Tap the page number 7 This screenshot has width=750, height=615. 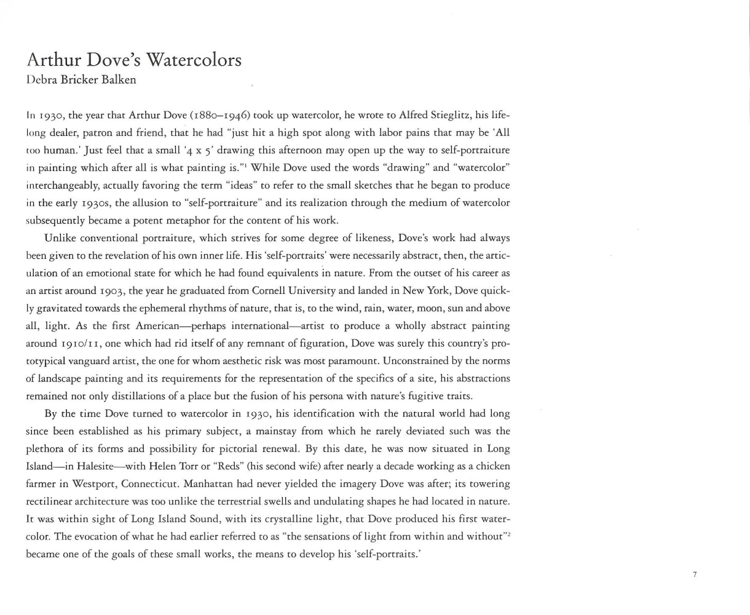coord(695,574)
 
